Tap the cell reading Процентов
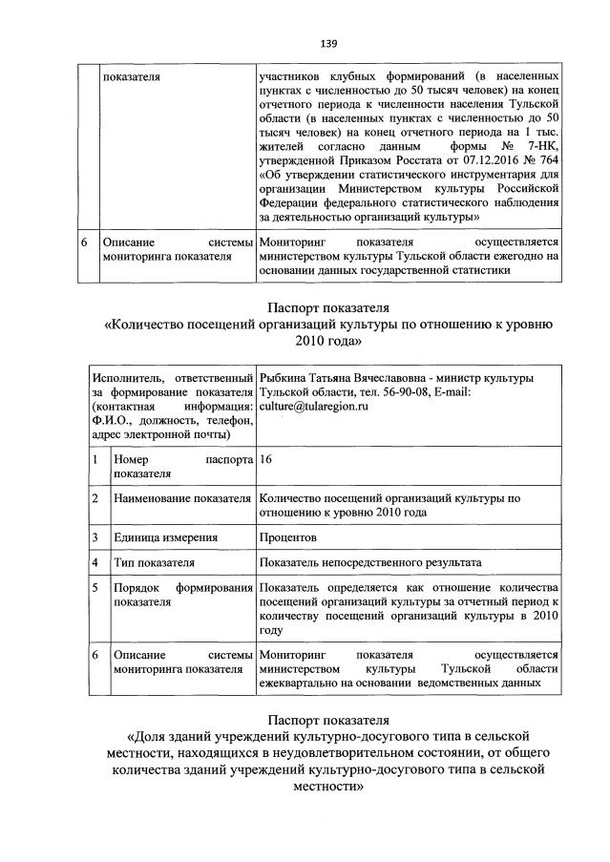288,537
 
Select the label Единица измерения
158,537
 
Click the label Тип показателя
154,562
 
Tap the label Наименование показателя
180,498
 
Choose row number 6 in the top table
88,242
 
